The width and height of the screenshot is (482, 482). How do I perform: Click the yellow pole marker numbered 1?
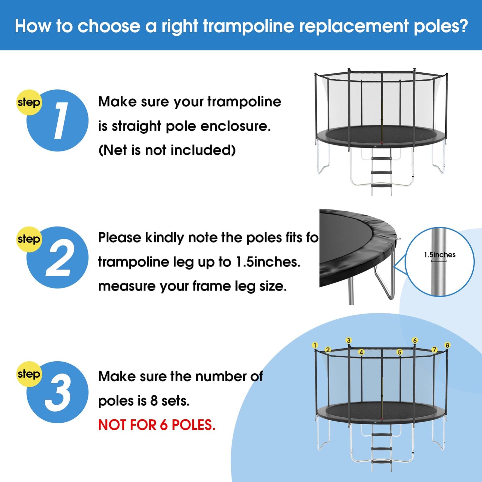(x=315, y=345)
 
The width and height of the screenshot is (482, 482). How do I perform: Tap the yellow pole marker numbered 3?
(x=349, y=340)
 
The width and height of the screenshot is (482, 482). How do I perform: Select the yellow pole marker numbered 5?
(x=400, y=352)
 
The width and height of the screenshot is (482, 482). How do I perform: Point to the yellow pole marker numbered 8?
(x=447, y=345)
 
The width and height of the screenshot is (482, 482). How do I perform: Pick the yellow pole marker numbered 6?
(x=415, y=340)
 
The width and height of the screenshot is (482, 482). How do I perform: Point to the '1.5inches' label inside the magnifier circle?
(x=440, y=255)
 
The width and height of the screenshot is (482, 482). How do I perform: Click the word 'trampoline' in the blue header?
(x=249, y=26)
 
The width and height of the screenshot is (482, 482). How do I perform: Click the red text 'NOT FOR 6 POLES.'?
(x=156, y=425)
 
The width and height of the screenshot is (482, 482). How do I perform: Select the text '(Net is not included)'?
(x=167, y=150)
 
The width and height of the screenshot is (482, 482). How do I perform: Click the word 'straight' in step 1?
(x=136, y=126)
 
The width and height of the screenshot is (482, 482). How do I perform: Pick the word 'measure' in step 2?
(x=126, y=287)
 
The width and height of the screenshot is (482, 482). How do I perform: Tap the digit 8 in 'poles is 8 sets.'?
(x=154, y=401)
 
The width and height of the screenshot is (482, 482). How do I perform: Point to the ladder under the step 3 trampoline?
(x=382, y=448)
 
